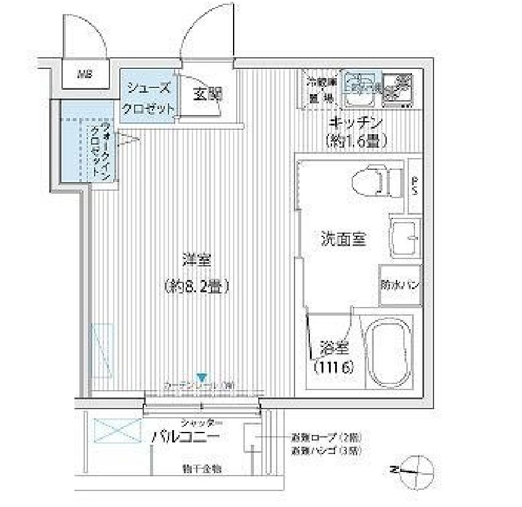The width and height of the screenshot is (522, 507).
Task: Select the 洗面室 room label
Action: (x=344, y=239)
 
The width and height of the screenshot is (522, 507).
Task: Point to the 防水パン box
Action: (x=400, y=285)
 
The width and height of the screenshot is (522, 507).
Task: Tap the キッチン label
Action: (x=356, y=122)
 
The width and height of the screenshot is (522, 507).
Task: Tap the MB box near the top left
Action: (x=84, y=76)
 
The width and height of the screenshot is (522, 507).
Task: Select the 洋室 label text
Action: (x=196, y=260)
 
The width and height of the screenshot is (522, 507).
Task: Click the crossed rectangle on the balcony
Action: (x=117, y=431)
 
